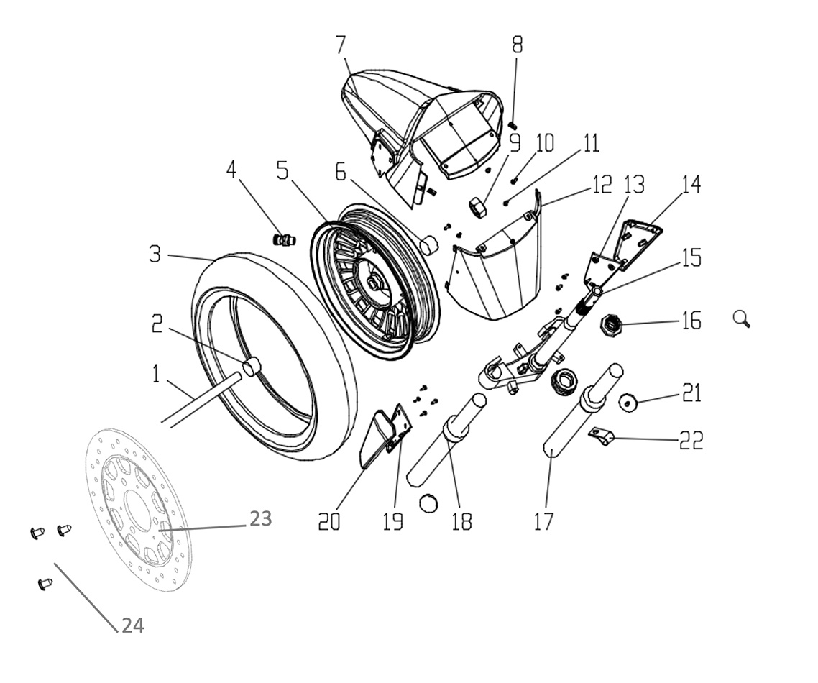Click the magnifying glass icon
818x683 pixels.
tap(742, 318)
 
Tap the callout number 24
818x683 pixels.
tap(132, 625)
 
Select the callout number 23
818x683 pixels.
tap(260, 518)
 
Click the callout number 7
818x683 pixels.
tap(341, 45)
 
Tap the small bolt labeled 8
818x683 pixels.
tap(513, 126)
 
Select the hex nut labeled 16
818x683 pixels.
tap(612, 326)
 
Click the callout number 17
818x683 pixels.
tap(544, 520)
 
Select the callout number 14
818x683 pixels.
tap(691, 185)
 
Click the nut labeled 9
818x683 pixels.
tap(478, 207)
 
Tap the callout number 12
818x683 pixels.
tap(601, 185)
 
